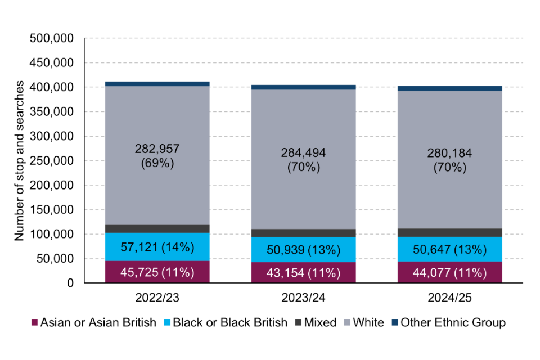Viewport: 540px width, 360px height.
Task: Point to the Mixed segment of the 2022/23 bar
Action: click(157, 229)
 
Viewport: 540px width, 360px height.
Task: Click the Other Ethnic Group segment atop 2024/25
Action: click(450, 88)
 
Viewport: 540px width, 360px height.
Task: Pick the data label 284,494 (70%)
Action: click(304, 160)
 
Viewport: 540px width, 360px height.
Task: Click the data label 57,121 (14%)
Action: click(157, 246)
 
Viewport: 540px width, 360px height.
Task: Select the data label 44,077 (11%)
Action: click(450, 273)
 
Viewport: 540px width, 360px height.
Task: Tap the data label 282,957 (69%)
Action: click(157, 156)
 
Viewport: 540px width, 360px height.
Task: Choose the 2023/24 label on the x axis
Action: click(304, 295)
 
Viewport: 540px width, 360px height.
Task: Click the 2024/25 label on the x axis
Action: click(450, 295)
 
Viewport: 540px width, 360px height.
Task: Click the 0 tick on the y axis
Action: click(70, 283)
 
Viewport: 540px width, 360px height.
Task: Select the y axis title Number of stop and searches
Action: click(20, 161)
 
